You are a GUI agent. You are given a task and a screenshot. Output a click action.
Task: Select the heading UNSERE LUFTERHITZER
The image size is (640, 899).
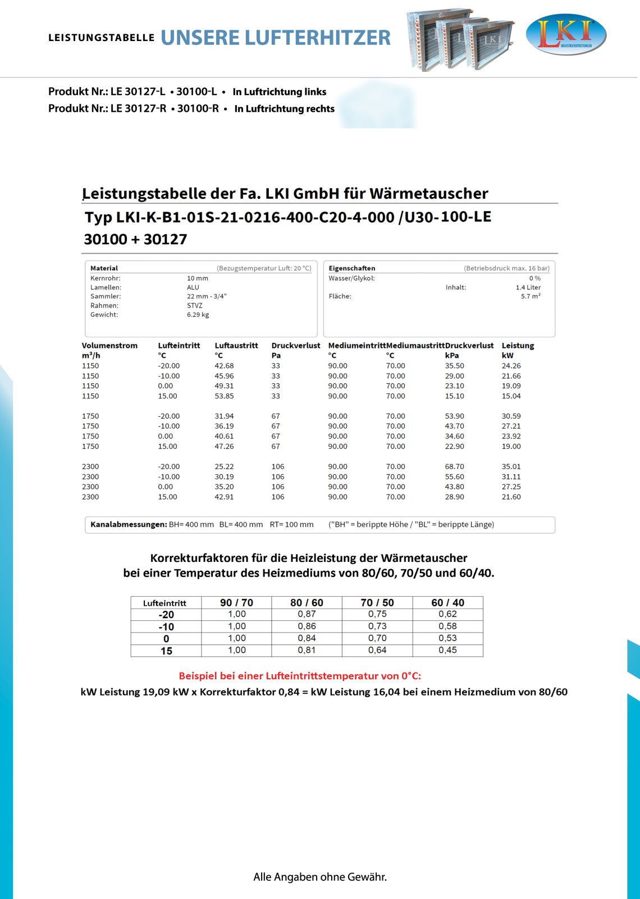click(x=275, y=38)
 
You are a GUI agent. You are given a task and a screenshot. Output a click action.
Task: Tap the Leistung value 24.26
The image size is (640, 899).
click(x=511, y=366)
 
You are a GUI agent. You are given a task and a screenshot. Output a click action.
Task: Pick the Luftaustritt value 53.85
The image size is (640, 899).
click(x=224, y=396)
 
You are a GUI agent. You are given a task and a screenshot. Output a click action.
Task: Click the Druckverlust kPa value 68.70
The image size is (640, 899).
click(x=454, y=467)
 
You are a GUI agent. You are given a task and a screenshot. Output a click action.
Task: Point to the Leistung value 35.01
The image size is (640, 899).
click(x=511, y=467)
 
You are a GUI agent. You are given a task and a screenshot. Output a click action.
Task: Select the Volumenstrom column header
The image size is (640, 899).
click(x=109, y=346)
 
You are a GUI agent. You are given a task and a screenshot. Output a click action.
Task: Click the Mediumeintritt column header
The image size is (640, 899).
click(x=356, y=346)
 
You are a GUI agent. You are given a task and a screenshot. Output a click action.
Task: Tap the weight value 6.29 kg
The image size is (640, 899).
click(x=198, y=315)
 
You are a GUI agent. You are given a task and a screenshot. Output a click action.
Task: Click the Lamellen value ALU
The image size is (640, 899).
click(x=193, y=287)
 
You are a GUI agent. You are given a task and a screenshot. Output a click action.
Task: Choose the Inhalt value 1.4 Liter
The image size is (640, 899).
click(x=528, y=287)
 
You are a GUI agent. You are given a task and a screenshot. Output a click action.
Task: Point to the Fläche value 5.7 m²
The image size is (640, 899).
click(x=531, y=296)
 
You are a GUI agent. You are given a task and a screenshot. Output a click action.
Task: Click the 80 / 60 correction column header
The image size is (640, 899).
click(x=307, y=602)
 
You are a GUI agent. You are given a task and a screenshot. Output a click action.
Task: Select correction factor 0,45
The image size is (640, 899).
click(x=447, y=650)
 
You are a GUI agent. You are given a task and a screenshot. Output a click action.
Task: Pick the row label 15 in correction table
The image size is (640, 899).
click(x=166, y=651)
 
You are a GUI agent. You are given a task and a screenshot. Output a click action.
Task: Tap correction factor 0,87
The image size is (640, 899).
click(x=307, y=614)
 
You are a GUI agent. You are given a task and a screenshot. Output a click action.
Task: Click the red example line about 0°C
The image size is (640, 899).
click(x=300, y=676)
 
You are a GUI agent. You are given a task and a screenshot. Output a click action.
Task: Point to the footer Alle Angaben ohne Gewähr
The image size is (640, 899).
click(x=320, y=877)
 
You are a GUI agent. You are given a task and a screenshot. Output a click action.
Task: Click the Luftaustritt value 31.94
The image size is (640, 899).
click(x=224, y=416)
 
